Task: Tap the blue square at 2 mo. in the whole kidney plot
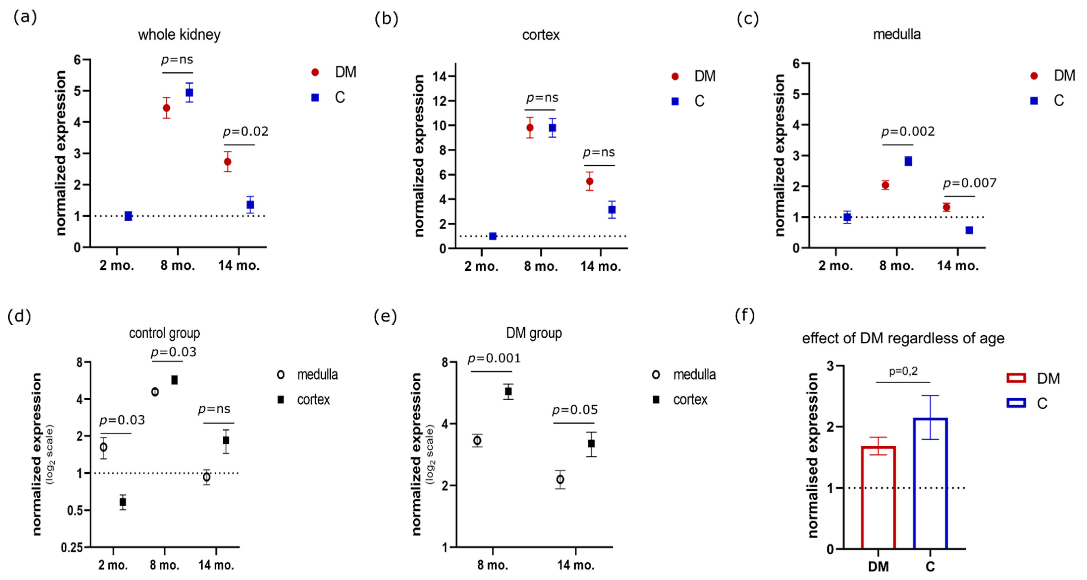click(128, 216)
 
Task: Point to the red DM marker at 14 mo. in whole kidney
click(227, 161)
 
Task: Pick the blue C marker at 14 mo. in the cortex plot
click(612, 210)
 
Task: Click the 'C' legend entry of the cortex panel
click(699, 101)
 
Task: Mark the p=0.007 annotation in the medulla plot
click(970, 183)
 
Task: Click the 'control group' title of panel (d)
click(164, 333)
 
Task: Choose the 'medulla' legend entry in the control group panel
click(317, 375)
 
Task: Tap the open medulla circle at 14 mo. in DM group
click(560, 480)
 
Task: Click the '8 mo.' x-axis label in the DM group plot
click(492, 565)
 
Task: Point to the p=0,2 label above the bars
click(903, 371)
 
